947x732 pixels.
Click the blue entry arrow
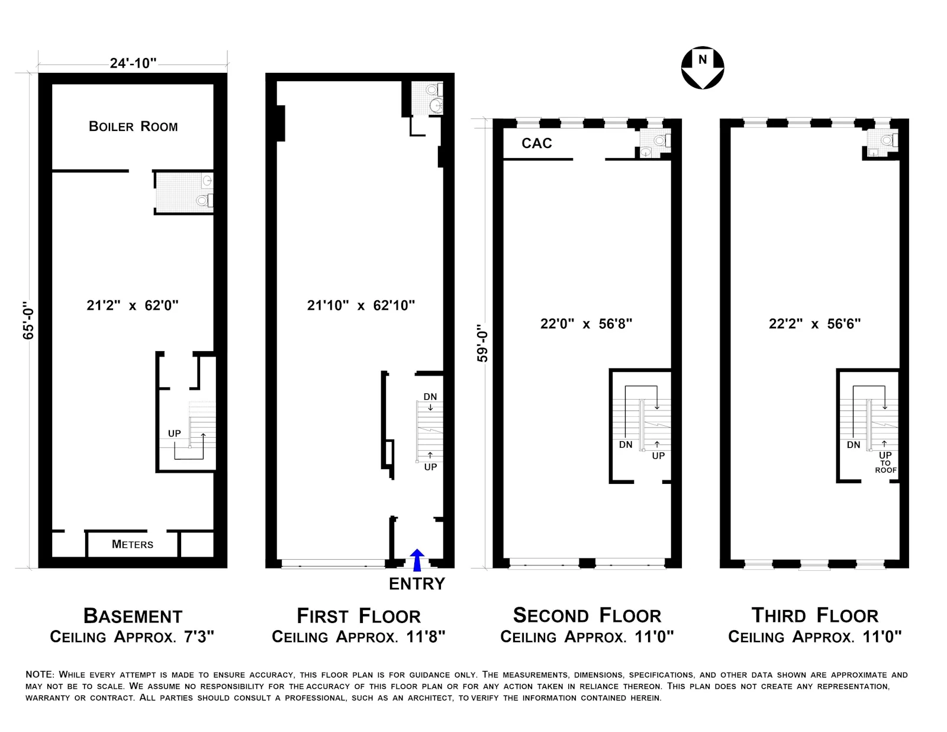417,560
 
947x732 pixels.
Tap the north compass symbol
703,68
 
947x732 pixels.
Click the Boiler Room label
133,126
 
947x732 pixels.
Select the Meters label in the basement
133,544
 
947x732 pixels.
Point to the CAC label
537,143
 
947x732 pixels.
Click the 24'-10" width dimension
133,63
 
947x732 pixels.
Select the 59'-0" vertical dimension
483,342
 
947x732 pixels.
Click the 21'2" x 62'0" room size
133,306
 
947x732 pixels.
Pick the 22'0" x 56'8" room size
586,324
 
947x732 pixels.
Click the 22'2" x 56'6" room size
814,324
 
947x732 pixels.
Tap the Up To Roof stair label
885,463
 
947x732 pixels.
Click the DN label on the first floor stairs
430,397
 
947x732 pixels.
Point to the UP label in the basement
174,434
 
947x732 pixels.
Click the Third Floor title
814,615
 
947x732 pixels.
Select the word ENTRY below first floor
417,584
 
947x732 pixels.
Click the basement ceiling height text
132,637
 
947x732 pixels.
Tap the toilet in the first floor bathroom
433,90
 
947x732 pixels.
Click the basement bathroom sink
207,181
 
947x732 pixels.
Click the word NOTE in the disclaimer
39,675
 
